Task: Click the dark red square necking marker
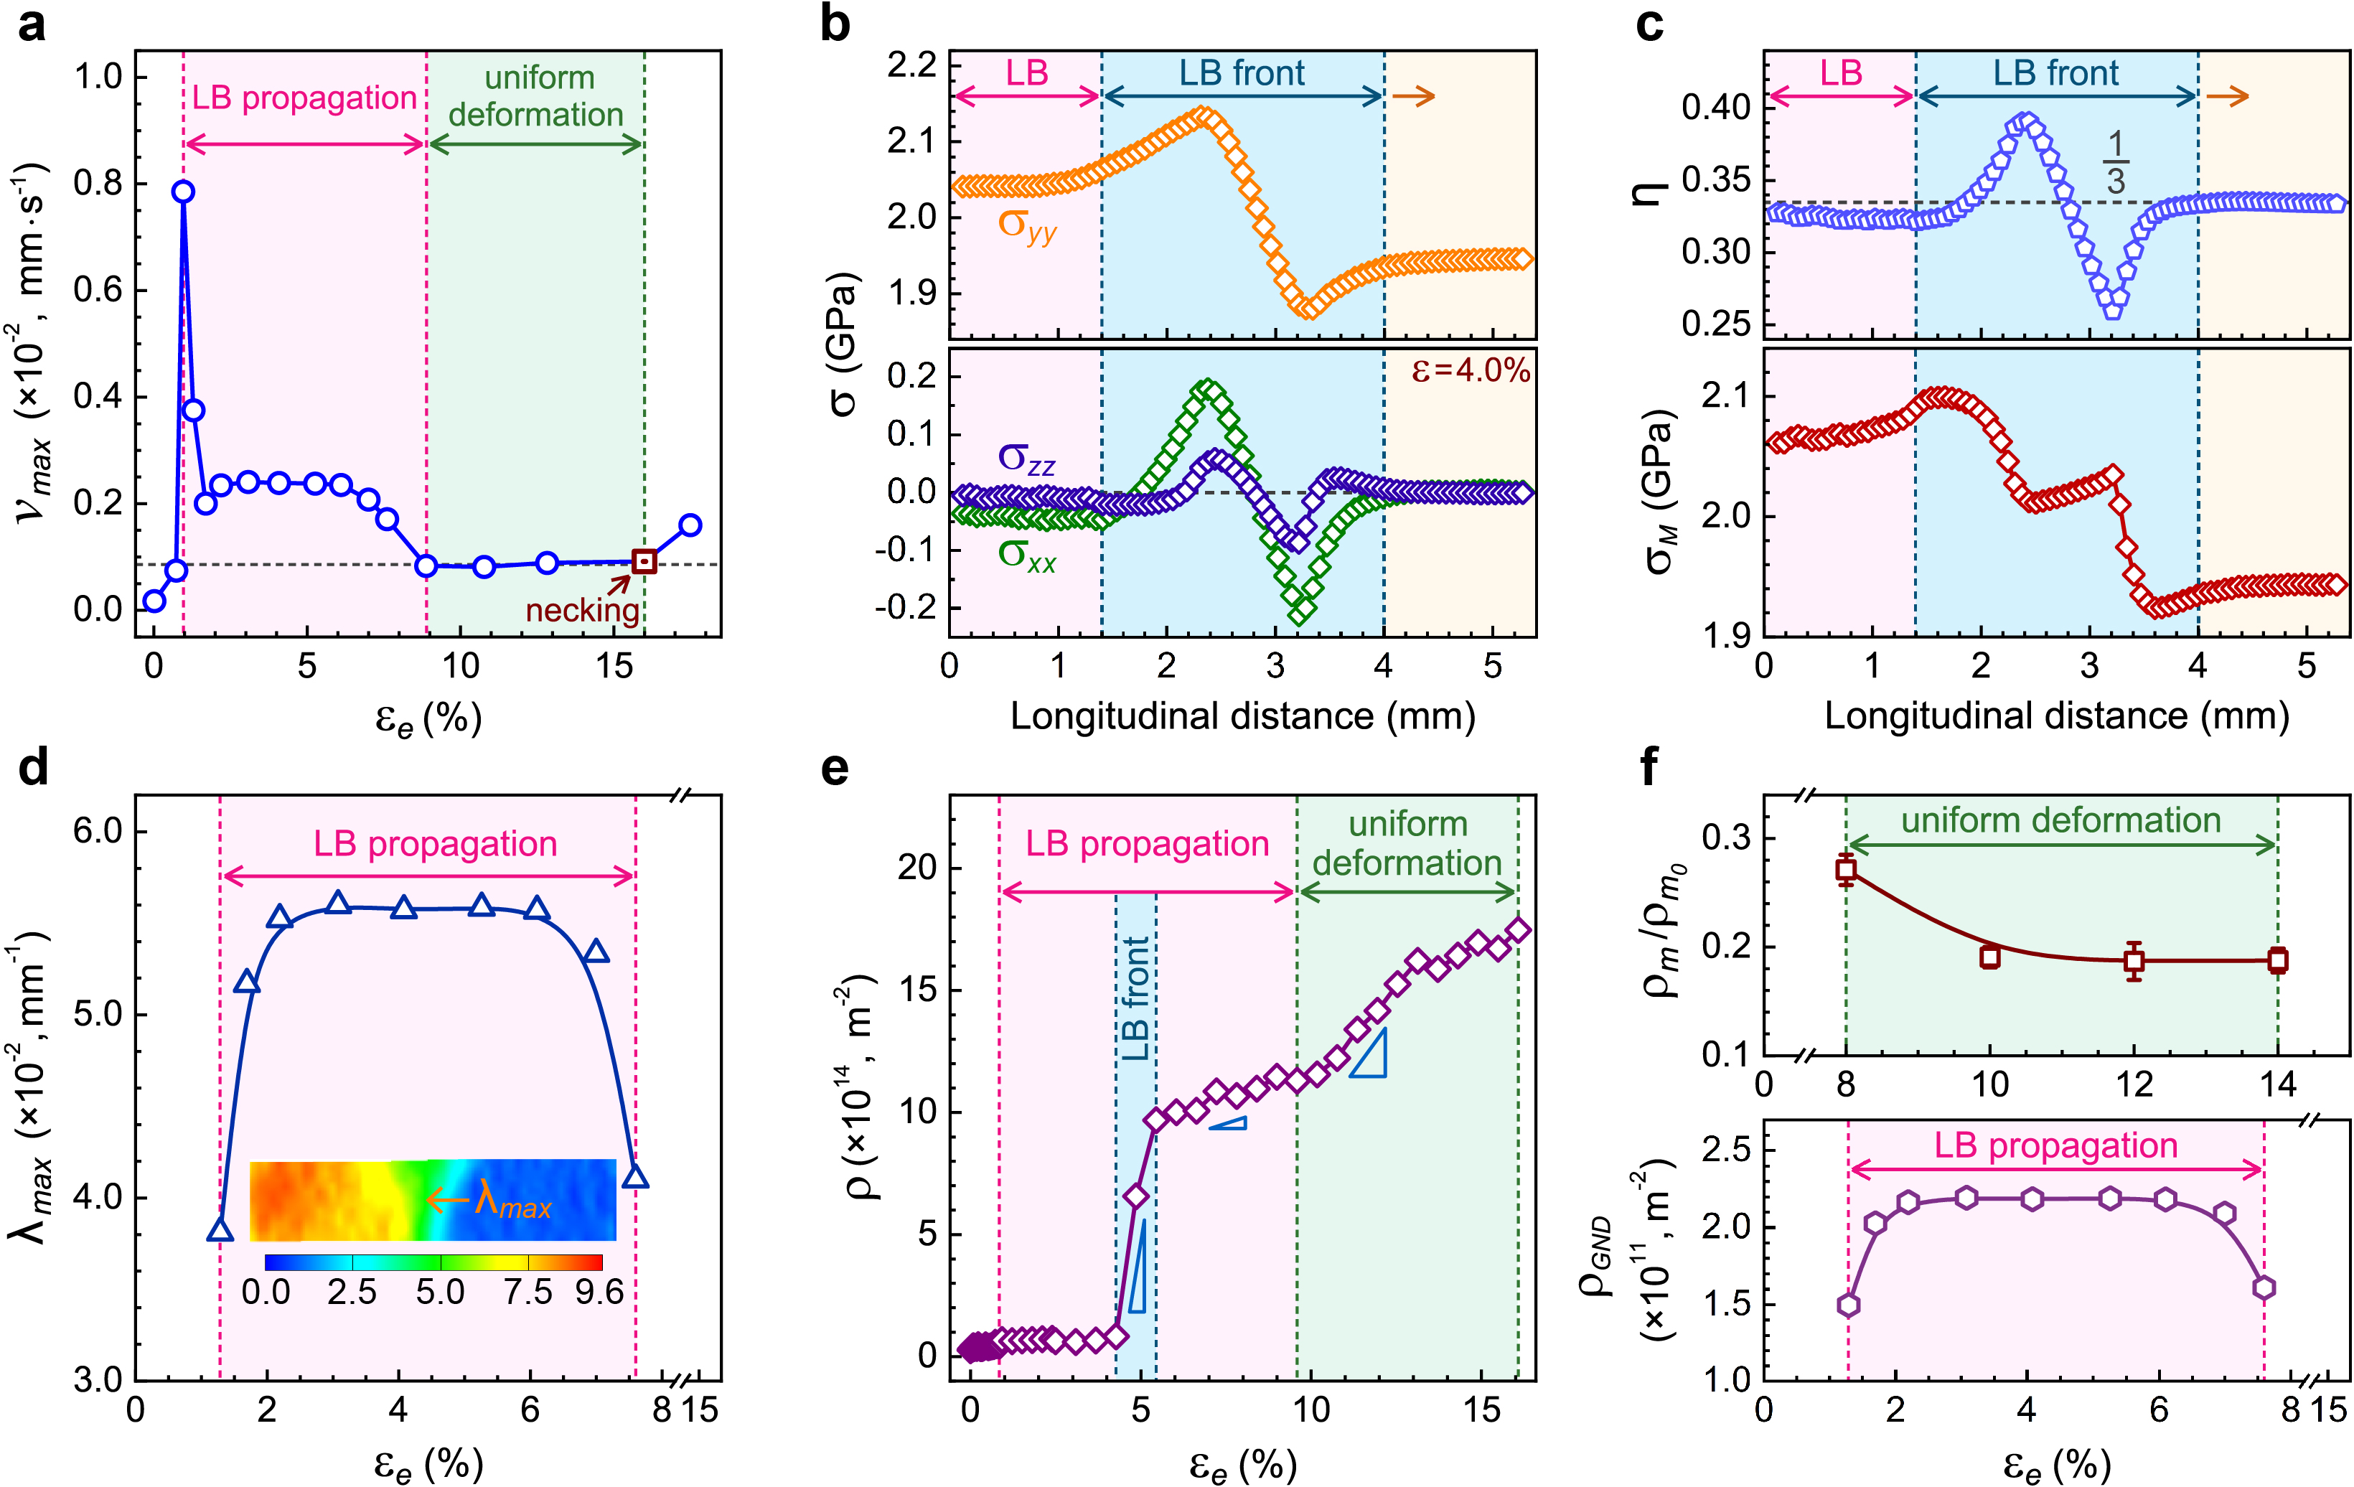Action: click(643, 561)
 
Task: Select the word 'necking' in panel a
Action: click(581, 610)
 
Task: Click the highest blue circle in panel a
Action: click(183, 192)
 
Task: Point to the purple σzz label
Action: click(1026, 458)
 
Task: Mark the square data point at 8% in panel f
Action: click(1846, 869)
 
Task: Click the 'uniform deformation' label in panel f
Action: click(2060, 820)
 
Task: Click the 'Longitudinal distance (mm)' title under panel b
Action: click(1242, 717)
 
